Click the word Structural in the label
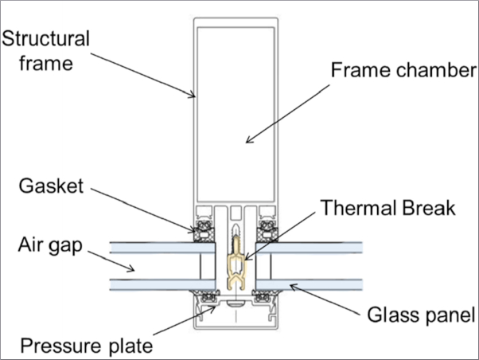pyautogui.click(x=46, y=38)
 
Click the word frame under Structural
pyautogui.click(x=46, y=63)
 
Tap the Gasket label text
pyautogui.click(x=51, y=186)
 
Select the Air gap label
pyautogui.click(x=50, y=246)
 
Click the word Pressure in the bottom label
pyautogui.click(x=60, y=346)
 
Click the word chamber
pyautogui.click(x=437, y=70)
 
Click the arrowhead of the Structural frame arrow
pyautogui.click(x=192, y=95)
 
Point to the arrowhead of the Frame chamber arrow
pyautogui.click(x=249, y=140)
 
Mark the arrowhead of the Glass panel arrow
pyautogui.click(x=293, y=287)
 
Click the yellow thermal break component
pyautogui.click(x=237, y=264)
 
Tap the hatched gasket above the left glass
pyautogui.click(x=204, y=231)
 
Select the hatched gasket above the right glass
pyautogui.click(x=267, y=231)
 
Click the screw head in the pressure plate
pyautogui.click(x=236, y=303)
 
